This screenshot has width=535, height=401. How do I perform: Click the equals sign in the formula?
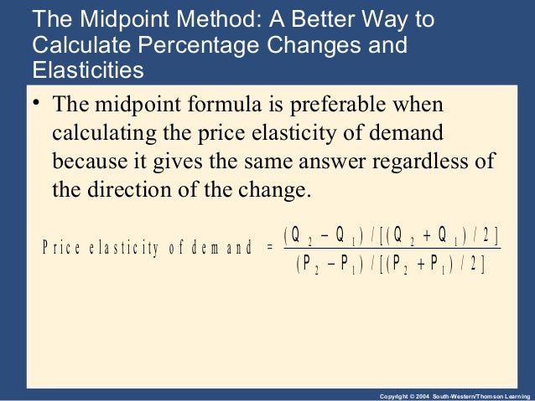tap(268, 247)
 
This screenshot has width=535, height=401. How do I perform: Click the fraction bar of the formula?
tap(391, 249)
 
